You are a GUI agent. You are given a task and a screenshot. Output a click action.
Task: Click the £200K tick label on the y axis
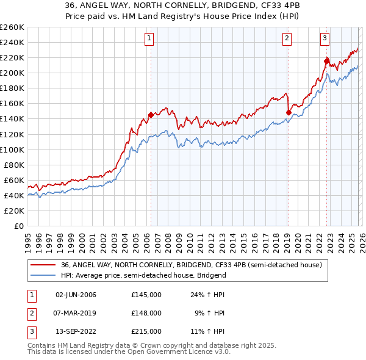tap(12, 73)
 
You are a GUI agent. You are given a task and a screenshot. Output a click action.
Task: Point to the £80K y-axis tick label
tap(14, 165)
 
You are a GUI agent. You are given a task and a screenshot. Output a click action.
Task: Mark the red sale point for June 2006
tap(151, 115)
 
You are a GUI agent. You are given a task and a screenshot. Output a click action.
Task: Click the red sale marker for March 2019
tap(288, 112)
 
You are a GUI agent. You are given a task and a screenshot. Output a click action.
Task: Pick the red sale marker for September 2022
tap(326, 61)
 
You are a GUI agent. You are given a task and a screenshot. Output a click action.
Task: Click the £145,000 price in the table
tap(146, 295)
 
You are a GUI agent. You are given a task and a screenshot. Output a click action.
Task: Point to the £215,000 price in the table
tap(146, 331)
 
